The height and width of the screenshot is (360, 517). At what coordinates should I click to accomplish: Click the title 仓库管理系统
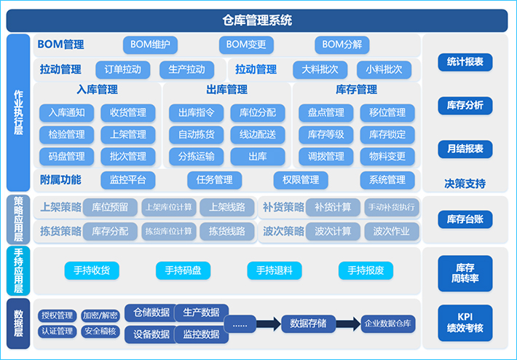[257, 20]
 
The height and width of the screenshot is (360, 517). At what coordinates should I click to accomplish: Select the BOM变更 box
[246, 44]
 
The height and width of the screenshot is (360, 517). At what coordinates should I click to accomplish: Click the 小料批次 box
[384, 70]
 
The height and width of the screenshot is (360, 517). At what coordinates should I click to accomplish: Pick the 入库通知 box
[67, 113]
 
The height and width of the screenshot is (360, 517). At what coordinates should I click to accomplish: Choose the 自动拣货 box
[197, 135]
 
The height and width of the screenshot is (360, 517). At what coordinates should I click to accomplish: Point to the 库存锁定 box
[387, 135]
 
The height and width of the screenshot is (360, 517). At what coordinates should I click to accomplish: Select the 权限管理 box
[296, 180]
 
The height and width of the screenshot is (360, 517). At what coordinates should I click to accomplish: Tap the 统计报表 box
[465, 62]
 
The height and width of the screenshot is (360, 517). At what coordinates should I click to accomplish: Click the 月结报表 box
[465, 149]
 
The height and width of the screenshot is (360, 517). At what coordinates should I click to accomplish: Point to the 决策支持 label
[465, 183]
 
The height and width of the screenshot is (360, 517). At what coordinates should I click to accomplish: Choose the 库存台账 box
[465, 219]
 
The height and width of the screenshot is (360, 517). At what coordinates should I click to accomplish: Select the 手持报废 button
[366, 271]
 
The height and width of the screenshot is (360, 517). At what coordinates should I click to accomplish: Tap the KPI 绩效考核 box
[465, 323]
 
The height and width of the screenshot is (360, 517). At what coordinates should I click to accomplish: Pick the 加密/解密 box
[100, 316]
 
